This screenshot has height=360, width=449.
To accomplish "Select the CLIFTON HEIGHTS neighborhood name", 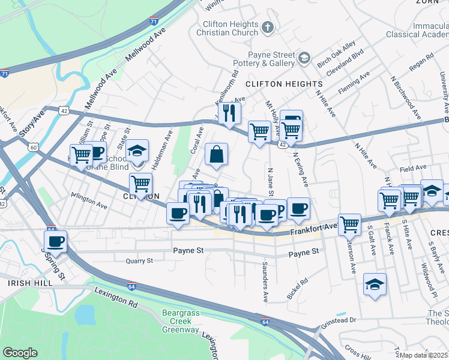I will pos(275,84).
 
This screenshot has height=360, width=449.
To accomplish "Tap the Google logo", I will pos(20,353).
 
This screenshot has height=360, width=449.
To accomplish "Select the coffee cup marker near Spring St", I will pos(55,242).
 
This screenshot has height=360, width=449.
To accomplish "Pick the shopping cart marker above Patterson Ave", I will pos(350,225).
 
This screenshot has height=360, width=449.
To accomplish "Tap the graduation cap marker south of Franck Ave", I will pos(375,284).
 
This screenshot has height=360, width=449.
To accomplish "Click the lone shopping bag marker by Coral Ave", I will pos(216,154).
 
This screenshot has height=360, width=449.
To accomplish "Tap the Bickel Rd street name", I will pos(297,289).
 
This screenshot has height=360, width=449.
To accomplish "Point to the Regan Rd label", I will pos(421,64).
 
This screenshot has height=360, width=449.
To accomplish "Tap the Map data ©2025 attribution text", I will pos(424,355).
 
